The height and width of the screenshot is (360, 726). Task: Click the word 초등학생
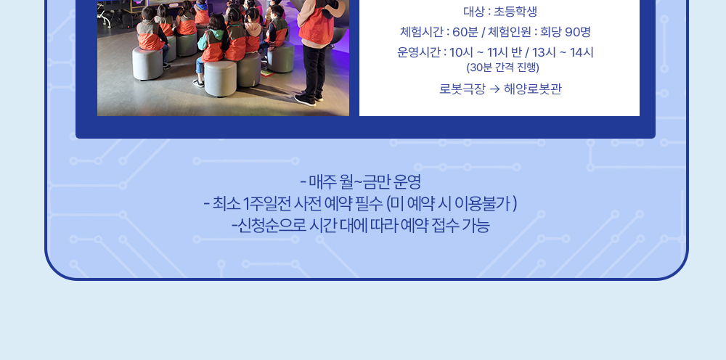point(515,12)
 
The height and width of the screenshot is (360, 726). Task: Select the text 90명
point(578,32)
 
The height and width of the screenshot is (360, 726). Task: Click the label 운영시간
point(419,52)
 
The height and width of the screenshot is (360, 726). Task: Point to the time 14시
point(582,52)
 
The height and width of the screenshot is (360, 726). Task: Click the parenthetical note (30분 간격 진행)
point(503,67)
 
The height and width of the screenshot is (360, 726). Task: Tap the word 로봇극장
point(462,89)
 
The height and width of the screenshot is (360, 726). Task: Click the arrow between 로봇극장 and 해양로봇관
point(494,89)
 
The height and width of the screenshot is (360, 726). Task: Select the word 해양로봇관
point(532,89)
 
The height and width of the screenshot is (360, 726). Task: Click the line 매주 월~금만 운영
point(360,182)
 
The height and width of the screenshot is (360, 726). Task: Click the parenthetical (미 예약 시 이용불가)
point(452,204)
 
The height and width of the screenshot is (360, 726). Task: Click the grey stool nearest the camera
point(221,78)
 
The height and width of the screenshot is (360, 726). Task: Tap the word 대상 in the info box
point(474,12)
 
